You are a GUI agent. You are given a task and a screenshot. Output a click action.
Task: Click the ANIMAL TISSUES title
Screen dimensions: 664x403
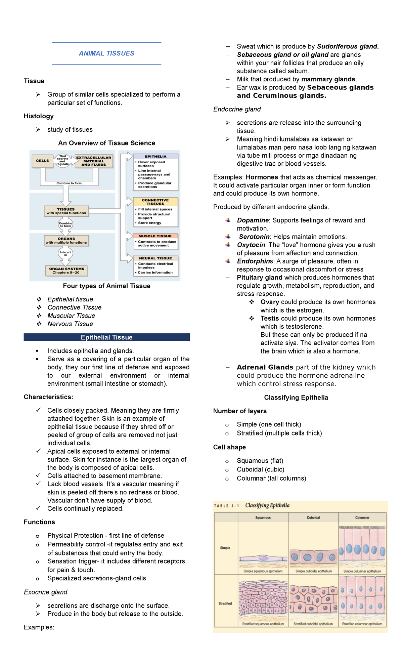[106, 53]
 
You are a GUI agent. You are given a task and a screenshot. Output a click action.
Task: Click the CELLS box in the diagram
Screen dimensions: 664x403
[42, 161]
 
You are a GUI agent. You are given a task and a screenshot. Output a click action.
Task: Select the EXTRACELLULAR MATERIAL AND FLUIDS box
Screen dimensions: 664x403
[94, 161]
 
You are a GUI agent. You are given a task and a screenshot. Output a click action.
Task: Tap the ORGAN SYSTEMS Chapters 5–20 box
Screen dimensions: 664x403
[66, 271]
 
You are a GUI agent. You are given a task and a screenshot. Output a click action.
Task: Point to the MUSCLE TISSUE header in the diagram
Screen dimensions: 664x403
[155, 236]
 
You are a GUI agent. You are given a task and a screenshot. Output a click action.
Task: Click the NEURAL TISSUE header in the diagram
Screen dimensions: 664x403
[155, 258]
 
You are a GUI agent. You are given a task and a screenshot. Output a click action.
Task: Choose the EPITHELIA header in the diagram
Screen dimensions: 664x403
[155, 157]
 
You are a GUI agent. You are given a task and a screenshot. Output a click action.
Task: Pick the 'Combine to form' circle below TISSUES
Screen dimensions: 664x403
[65, 224]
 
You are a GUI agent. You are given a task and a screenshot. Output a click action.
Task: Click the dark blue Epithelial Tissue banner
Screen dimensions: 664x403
[107, 337]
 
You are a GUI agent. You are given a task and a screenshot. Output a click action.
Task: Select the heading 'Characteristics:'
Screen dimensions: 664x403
[48, 397]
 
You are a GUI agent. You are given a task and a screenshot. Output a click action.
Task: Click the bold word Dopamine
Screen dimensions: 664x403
[253, 220]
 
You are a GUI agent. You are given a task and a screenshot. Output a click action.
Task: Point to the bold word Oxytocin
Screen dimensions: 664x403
[251, 245]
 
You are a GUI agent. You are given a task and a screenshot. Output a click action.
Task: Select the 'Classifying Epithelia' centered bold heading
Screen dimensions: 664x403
[296, 398]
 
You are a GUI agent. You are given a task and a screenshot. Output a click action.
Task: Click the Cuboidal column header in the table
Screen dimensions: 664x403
[313, 517]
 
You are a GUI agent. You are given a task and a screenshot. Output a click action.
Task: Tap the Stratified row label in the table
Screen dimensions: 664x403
[225, 604]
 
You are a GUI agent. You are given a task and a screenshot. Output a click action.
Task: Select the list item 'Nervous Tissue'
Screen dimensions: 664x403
[70, 324]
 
